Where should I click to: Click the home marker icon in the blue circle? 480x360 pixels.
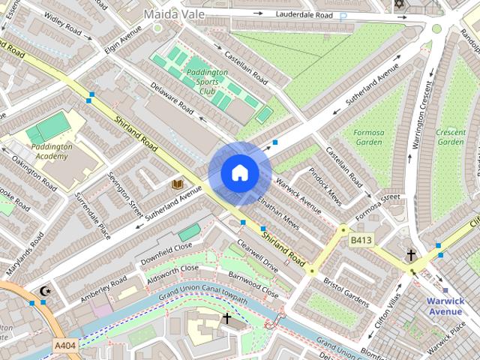click(x=239, y=172)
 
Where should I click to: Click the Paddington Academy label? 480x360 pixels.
click(x=47, y=151)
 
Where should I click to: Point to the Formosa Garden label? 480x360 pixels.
click(x=368, y=137)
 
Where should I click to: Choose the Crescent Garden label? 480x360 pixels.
click(x=451, y=137)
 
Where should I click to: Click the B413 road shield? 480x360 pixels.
click(x=361, y=240)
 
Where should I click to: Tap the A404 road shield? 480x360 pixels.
click(x=64, y=344)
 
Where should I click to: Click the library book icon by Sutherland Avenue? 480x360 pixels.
click(x=177, y=184)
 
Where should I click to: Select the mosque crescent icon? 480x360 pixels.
click(x=45, y=290)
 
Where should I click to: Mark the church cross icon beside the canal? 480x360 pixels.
click(x=226, y=319)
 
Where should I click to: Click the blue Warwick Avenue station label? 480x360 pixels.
click(x=455, y=306)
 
